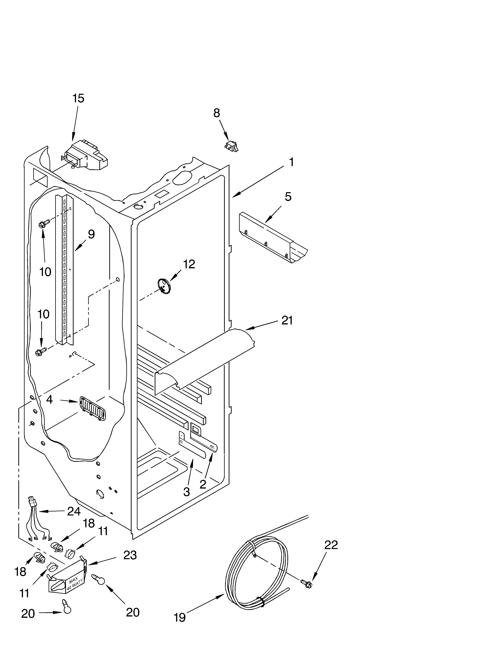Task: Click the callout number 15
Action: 78,98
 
